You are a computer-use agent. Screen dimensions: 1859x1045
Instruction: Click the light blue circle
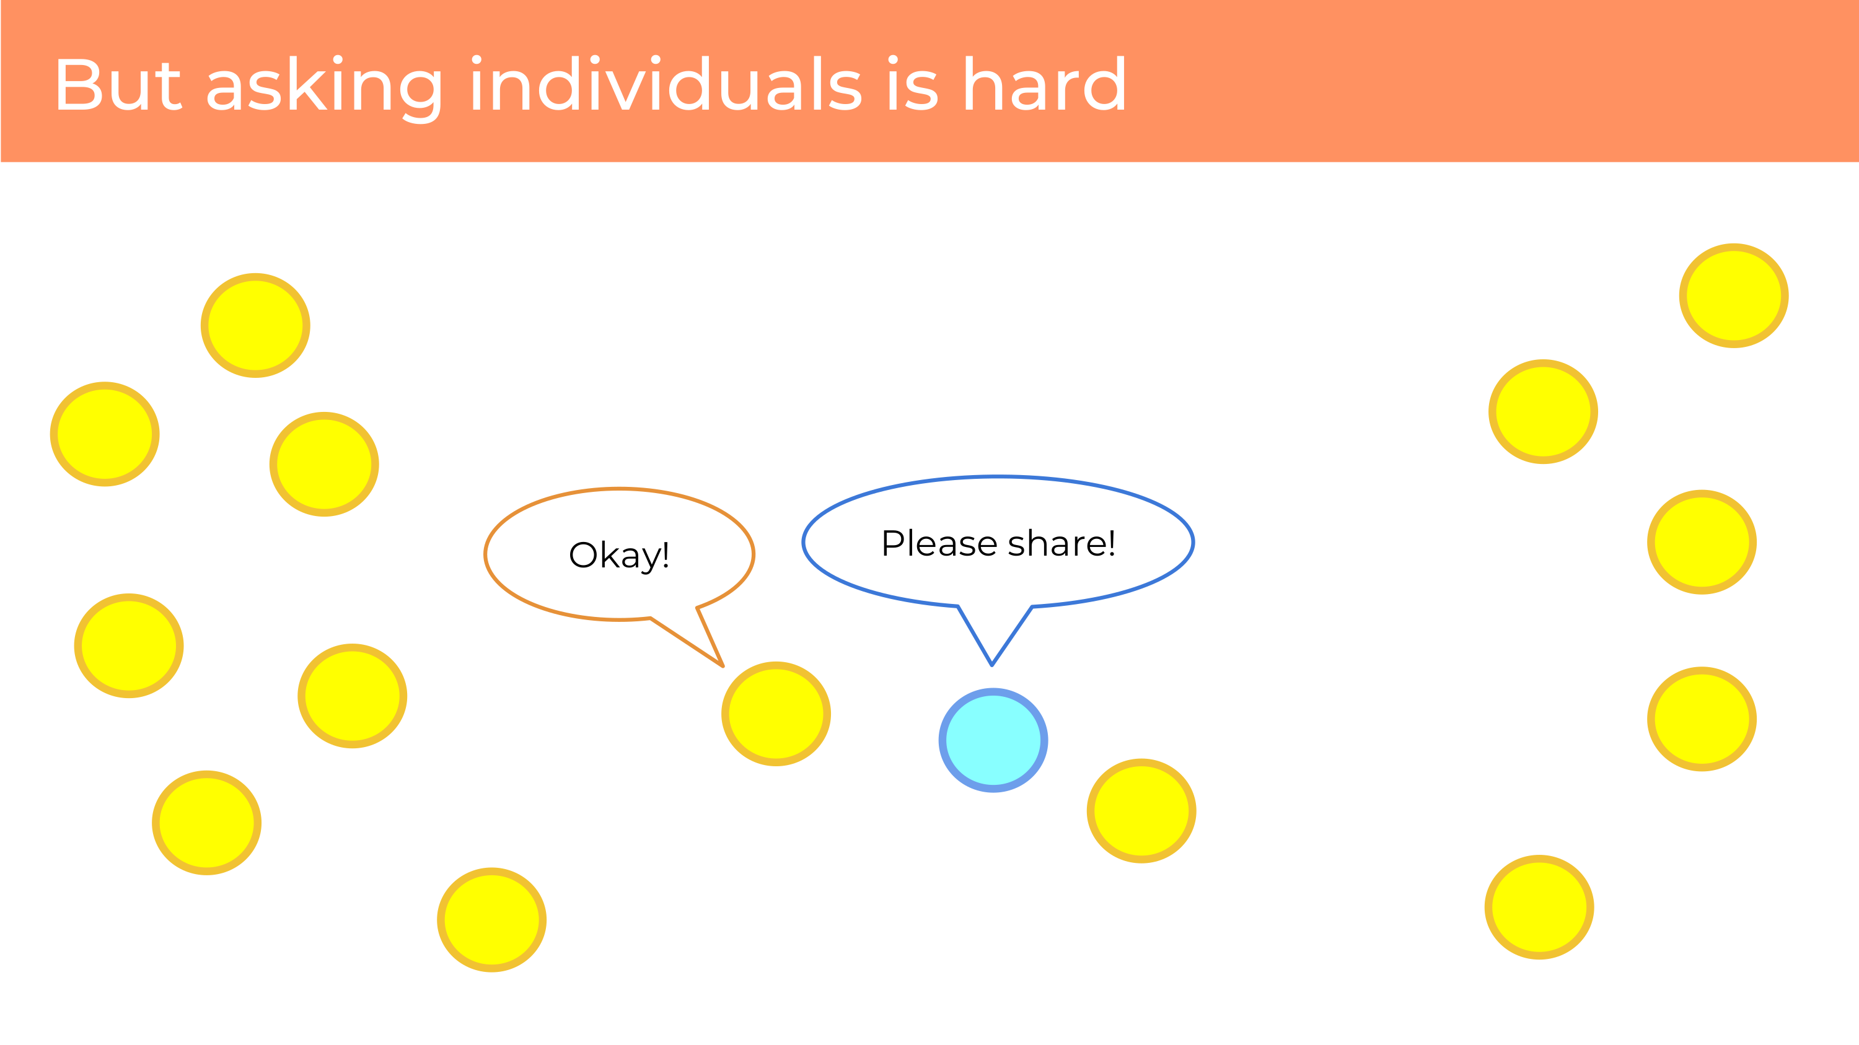(x=993, y=740)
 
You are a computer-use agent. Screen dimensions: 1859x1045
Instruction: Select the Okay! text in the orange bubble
(x=619, y=555)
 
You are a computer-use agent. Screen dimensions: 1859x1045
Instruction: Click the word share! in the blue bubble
(x=1061, y=543)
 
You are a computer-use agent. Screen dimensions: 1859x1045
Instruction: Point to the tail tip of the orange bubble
(x=723, y=667)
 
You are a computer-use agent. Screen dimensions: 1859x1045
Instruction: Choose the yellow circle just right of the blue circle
(x=1141, y=811)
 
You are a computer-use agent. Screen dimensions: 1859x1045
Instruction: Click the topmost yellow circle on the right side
(x=1733, y=295)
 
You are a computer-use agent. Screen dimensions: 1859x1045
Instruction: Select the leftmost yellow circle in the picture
(x=105, y=434)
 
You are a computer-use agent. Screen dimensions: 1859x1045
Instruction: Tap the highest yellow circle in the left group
(x=255, y=325)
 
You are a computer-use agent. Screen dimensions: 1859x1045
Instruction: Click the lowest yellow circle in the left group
(x=491, y=919)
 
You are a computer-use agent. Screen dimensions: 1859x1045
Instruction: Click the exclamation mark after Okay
(x=666, y=554)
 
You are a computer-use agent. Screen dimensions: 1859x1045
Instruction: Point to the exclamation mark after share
(x=1111, y=543)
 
